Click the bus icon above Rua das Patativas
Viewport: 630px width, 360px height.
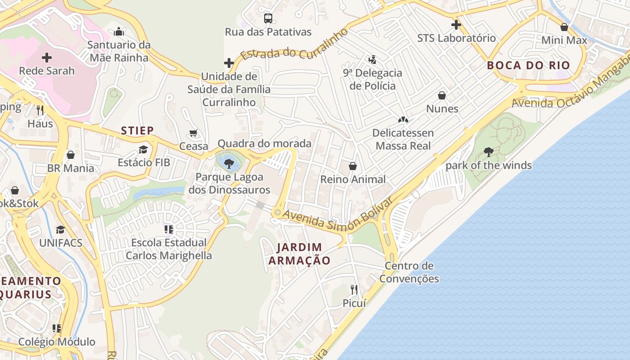click(268, 18)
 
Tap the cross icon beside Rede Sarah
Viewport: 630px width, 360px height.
click(47, 58)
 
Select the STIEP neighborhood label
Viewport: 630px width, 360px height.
click(137, 130)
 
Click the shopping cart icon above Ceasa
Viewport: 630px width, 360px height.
click(193, 133)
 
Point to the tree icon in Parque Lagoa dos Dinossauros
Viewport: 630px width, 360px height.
click(229, 163)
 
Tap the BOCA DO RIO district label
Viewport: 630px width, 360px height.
click(528, 65)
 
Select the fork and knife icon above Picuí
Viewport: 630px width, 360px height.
click(354, 289)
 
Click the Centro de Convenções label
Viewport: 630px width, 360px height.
click(409, 272)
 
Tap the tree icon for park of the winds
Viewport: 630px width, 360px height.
click(488, 152)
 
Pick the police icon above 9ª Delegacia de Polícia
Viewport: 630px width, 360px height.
click(372, 59)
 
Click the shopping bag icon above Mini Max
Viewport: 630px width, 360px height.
click(564, 27)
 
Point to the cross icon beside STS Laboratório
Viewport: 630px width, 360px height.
click(456, 24)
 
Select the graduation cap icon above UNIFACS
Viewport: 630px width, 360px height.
click(60, 230)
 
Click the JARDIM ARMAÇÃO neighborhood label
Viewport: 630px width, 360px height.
click(299, 254)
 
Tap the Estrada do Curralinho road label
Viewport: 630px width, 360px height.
click(295, 45)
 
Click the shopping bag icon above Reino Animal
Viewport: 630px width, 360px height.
click(353, 166)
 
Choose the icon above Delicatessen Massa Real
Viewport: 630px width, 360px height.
click(403, 120)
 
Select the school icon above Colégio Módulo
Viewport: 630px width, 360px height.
click(56, 328)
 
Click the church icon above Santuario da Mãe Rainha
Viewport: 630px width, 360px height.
click(119, 31)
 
